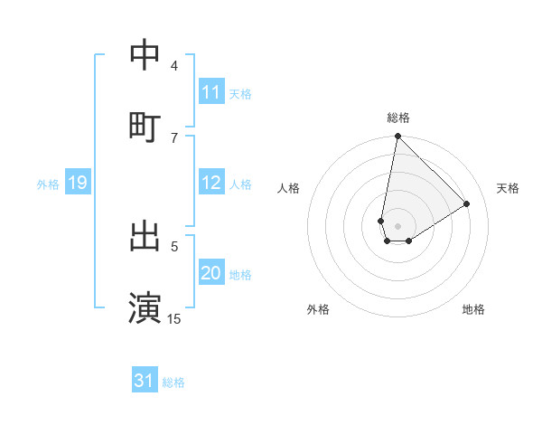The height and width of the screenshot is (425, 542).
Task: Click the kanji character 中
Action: [145, 56]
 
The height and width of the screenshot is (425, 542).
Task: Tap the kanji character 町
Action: [145, 126]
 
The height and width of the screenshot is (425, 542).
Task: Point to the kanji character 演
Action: [145, 307]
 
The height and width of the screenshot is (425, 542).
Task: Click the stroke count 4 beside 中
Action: [174, 66]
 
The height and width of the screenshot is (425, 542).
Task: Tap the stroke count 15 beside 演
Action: [174, 318]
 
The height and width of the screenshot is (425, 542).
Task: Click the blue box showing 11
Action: [211, 92]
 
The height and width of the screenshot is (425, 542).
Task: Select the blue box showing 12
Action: [211, 184]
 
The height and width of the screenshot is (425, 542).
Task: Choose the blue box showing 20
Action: [211, 274]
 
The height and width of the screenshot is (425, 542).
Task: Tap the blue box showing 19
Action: [78, 184]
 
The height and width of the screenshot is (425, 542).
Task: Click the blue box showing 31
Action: [145, 381]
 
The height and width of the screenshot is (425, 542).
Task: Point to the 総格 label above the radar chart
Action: [398, 118]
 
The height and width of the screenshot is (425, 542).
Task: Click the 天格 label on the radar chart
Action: [509, 188]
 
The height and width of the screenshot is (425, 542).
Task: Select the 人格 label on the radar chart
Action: [289, 188]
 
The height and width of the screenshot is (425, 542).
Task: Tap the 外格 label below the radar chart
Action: [318, 309]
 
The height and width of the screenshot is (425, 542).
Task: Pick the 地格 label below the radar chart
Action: [473, 309]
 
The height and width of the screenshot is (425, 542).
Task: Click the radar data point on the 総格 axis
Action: [397, 137]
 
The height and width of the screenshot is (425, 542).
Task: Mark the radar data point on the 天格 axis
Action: [467, 203]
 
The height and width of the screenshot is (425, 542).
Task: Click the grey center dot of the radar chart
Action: [397, 226]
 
